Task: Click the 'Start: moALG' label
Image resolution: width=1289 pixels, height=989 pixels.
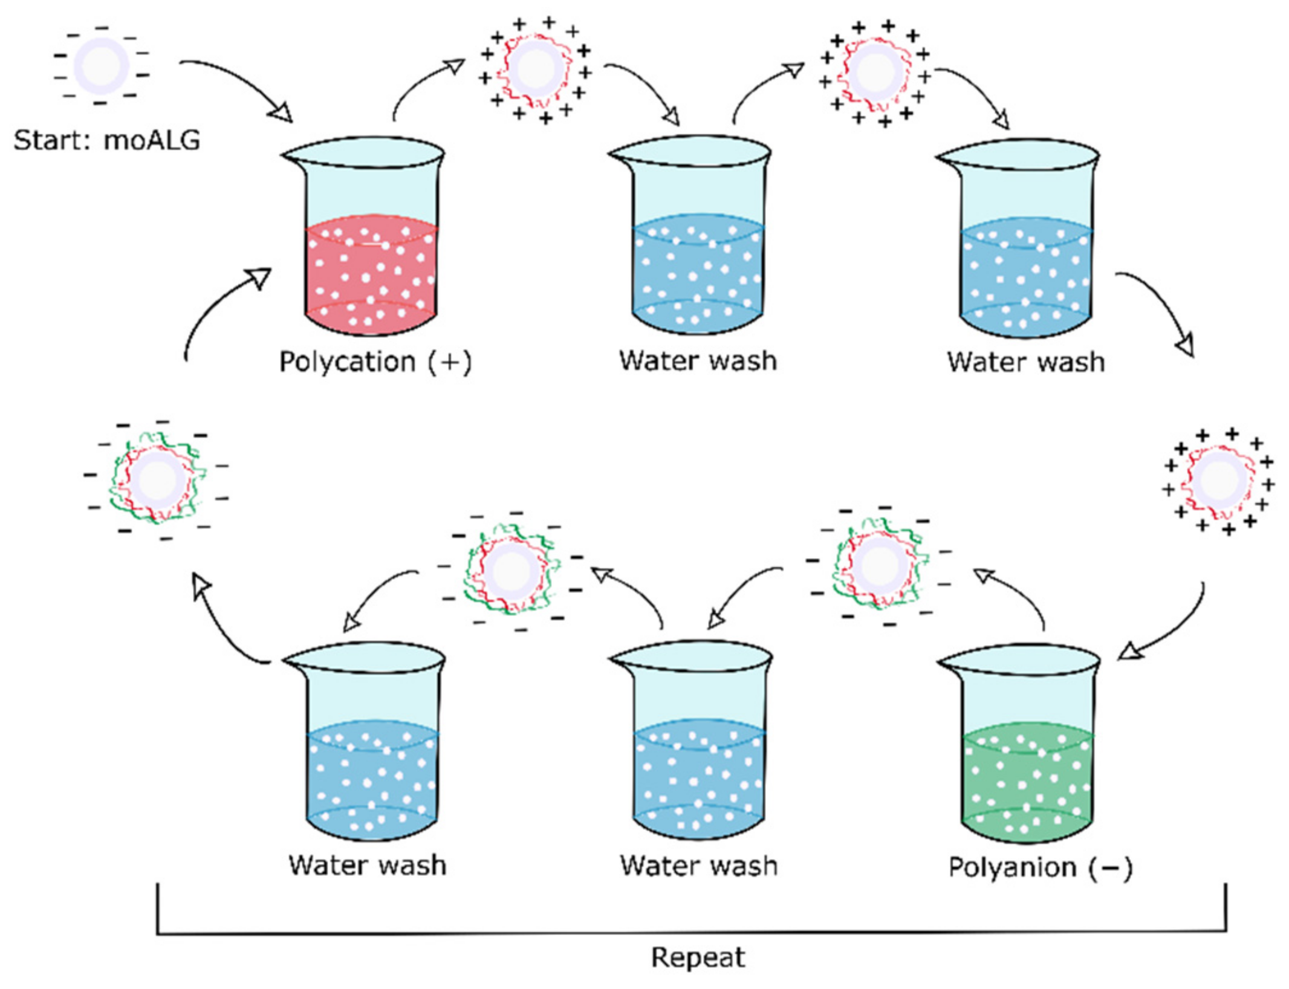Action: coord(106,140)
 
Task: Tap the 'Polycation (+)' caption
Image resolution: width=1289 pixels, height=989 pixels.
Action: coord(375,362)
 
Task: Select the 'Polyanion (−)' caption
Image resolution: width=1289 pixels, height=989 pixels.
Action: coord(1040,867)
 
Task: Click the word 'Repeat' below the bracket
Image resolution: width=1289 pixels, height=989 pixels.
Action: coord(698,958)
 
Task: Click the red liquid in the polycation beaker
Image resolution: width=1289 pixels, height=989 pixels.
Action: coord(370,278)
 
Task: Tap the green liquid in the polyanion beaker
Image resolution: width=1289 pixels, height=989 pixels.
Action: coord(1027,786)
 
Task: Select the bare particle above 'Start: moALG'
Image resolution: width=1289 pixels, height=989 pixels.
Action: coord(101,66)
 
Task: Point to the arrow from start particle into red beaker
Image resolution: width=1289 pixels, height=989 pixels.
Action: coord(242,82)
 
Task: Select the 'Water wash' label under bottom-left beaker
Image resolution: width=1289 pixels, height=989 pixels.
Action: coord(368,865)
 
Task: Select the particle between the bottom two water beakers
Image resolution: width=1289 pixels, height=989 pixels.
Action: coord(512,571)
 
